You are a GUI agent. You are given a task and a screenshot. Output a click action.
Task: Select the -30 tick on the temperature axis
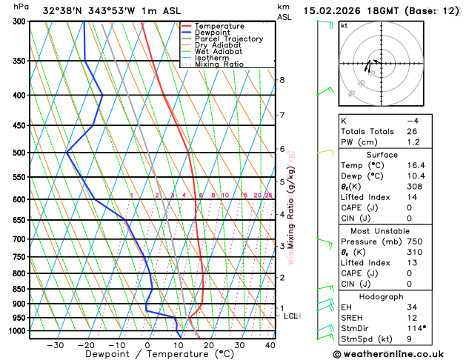click(55, 345)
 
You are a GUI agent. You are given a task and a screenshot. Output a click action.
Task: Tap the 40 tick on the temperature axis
click(270, 345)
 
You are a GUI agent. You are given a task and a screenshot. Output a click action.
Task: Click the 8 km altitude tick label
click(282, 80)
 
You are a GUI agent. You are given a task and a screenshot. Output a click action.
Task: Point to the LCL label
click(291, 316)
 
